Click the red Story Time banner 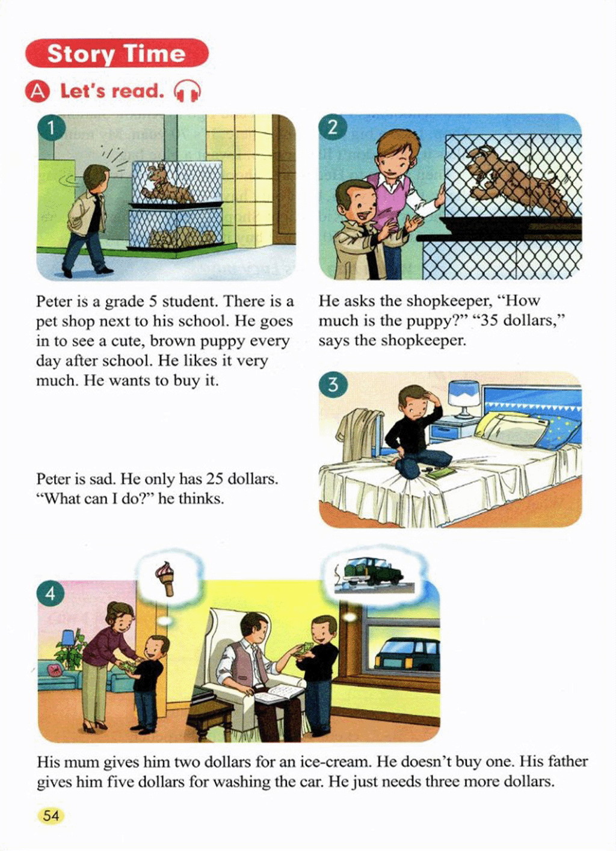pyautogui.click(x=117, y=53)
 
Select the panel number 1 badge pyautogui.click(x=51, y=127)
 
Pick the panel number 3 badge pyautogui.click(x=333, y=385)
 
